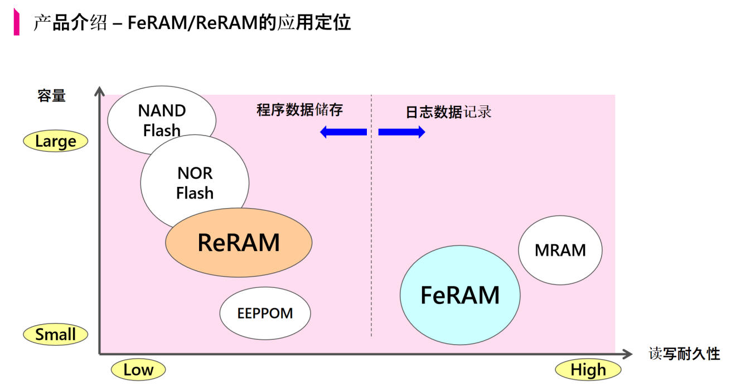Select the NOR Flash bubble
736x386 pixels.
coord(195,183)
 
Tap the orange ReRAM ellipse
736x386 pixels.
coord(239,243)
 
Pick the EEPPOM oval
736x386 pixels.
coord(265,313)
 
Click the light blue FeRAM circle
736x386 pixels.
coord(460,295)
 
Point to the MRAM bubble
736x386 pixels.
coord(560,250)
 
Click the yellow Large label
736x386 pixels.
coord(56,141)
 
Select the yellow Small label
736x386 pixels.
coord(56,334)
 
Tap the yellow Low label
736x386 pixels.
coord(138,370)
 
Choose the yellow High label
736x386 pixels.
coord(588,370)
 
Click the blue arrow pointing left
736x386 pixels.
coord(343,132)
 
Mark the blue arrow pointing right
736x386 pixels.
coord(402,132)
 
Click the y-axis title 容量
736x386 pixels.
coord(52,96)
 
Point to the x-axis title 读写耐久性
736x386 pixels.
coord(684,354)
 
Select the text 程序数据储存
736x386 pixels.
coord(299,110)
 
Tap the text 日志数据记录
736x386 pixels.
coord(448,112)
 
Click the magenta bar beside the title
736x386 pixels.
coord(16,22)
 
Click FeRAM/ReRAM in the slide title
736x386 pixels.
coord(193,23)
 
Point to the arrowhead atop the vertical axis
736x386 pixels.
coord(99,91)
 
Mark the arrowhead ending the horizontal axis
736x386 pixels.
coord(627,354)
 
